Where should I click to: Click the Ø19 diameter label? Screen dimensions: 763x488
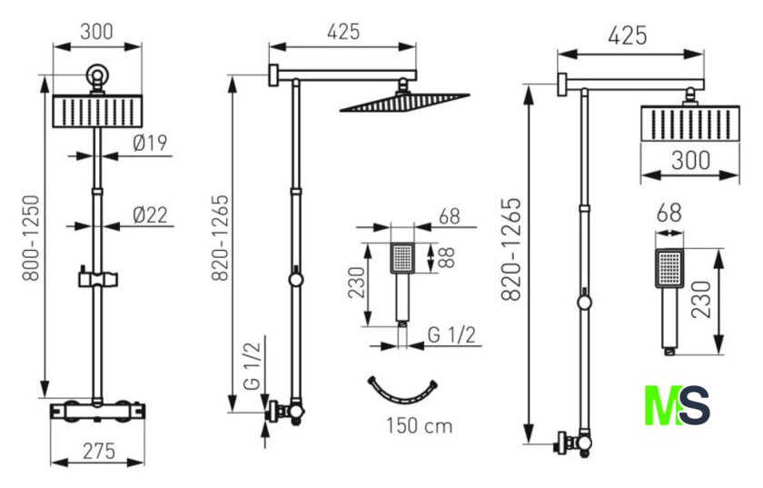point(150,143)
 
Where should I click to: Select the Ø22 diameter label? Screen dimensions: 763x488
point(151,214)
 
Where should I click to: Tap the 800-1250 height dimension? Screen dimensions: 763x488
point(32,238)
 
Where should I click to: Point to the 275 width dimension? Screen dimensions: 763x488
point(99,451)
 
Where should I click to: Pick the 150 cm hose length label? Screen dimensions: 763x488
point(420,425)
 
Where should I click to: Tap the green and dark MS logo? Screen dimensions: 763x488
point(677,405)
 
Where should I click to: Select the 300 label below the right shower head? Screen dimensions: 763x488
point(690,160)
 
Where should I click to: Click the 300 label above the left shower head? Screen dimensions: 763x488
point(97,32)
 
